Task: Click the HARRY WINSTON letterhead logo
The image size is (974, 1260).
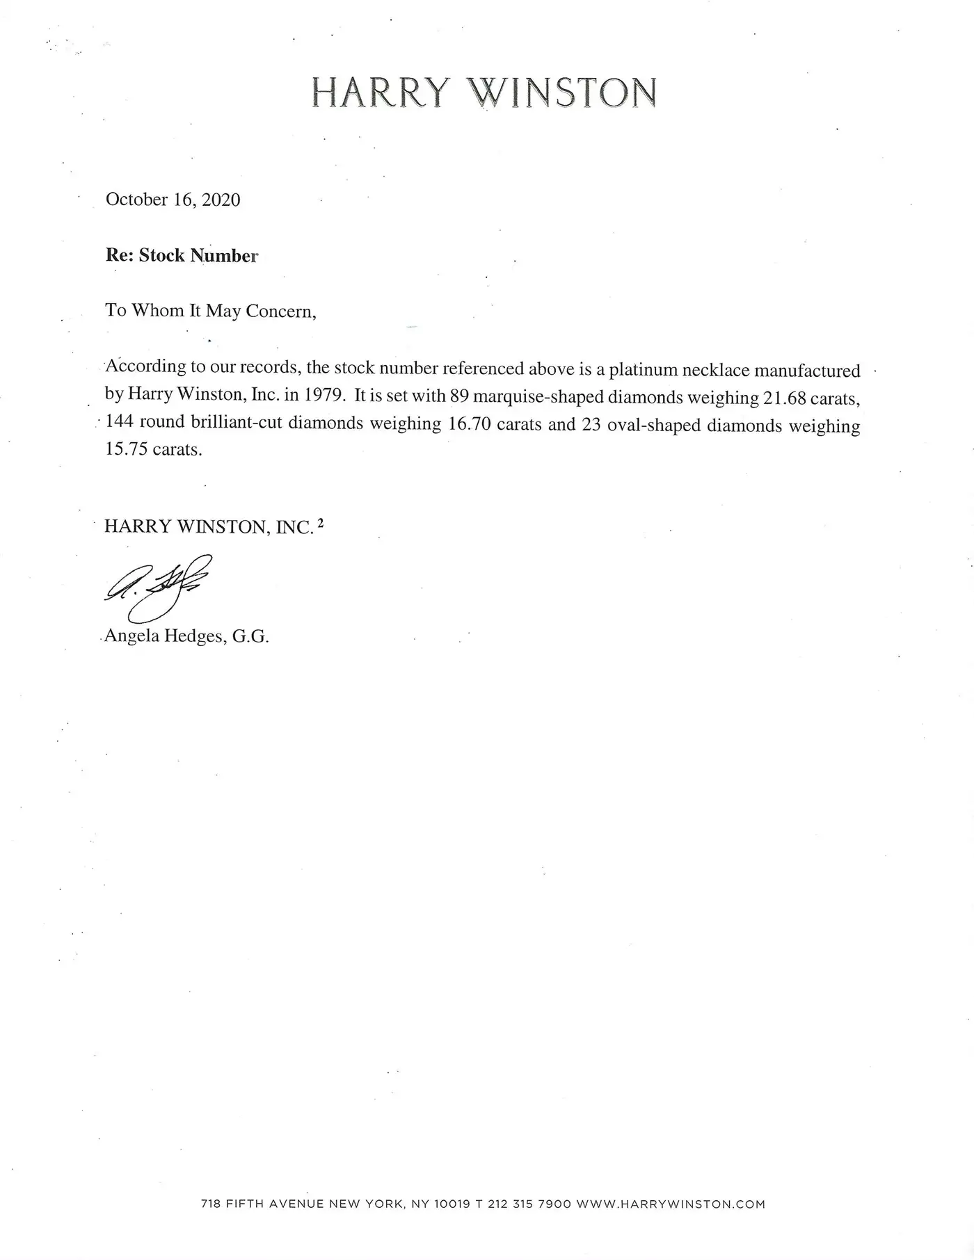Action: click(x=484, y=92)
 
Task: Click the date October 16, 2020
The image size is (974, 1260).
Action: click(x=173, y=200)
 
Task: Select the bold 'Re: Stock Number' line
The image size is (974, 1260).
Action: click(x=182, y=256)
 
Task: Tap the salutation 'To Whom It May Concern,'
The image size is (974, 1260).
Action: click(x=211, y=311)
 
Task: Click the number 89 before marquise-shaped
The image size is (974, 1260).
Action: click(x=459, y=396)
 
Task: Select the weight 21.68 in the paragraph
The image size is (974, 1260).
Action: click(x=781, y=398)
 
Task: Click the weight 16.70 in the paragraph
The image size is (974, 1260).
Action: click(x=469, y=424)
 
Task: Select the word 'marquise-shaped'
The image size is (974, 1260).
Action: click(x=538, y=397)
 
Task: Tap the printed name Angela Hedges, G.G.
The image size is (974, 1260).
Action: click(x=186, y=636)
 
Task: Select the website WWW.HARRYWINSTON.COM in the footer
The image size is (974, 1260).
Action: click(x=671, y=1204)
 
